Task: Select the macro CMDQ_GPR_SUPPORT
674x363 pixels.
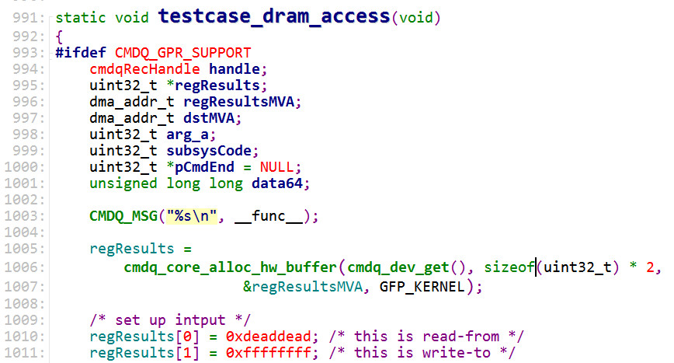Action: (x=182, y=53)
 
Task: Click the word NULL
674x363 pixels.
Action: (x=276, y=167)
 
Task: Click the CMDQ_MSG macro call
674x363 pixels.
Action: (x=123, y=215)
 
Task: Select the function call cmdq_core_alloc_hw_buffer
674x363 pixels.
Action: (x=231, y=268)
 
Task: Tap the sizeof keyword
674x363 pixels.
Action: (x=509, y=268)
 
